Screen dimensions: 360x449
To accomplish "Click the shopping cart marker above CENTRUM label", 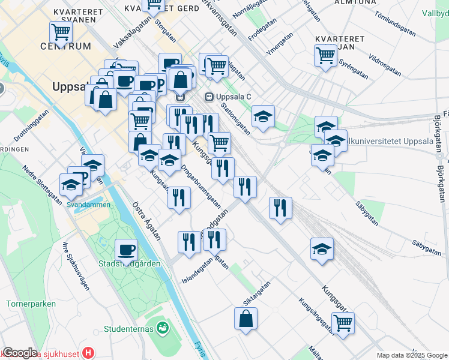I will point(61,32).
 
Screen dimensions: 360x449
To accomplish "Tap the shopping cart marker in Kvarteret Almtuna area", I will point(325,56).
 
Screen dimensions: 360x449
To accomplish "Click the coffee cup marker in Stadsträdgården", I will point(126,249).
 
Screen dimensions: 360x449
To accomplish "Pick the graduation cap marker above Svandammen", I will point(71,184).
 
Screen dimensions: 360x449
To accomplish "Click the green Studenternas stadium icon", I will point(161,328).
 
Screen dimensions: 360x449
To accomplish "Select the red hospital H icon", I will point(89,353).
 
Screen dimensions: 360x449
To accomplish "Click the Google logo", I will point(19,353).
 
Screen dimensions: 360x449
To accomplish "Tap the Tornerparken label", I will point(31,304).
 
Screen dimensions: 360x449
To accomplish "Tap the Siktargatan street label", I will point(256,292).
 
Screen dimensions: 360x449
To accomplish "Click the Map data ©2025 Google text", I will point(411,355).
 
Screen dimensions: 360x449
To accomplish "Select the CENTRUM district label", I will point(66,46).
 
